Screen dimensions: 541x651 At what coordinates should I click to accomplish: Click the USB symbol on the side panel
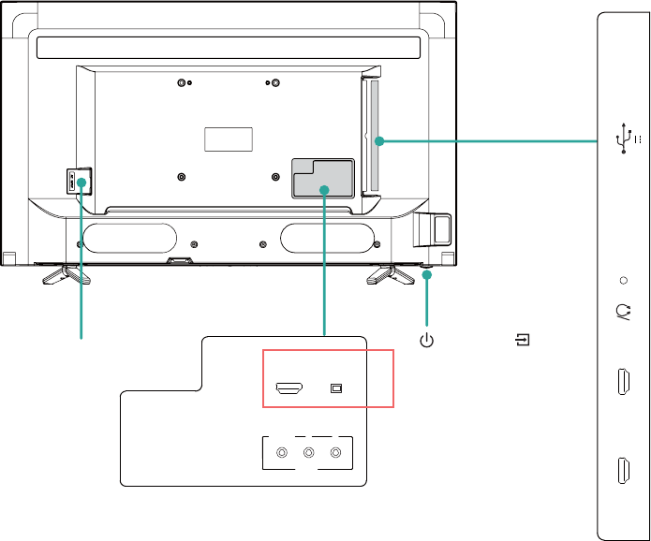click(x=621, y=139)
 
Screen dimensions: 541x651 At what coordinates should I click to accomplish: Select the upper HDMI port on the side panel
click(x=623, y=384)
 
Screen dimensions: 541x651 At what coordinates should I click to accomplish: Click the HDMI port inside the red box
click(x=288, y=387)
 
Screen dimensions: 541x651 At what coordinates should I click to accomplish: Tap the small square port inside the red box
click(x=338, y=387)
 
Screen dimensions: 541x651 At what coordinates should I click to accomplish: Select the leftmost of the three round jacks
click(x=282, y=454)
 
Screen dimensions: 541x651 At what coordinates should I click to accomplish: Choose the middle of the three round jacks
click(x=309, y=454)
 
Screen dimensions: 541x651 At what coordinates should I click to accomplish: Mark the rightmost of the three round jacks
click(x=335, y=454)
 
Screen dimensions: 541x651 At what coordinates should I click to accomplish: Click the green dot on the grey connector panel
click(x=323, y=190)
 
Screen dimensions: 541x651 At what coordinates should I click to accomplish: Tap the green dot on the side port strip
click(x=378, y=141)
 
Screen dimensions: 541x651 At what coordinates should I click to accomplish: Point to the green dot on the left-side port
click(x=81, y=182)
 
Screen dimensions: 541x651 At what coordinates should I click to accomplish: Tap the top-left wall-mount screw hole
click(x=181, y=83)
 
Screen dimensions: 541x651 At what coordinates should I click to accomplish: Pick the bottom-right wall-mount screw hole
click(x=275, y=176)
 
